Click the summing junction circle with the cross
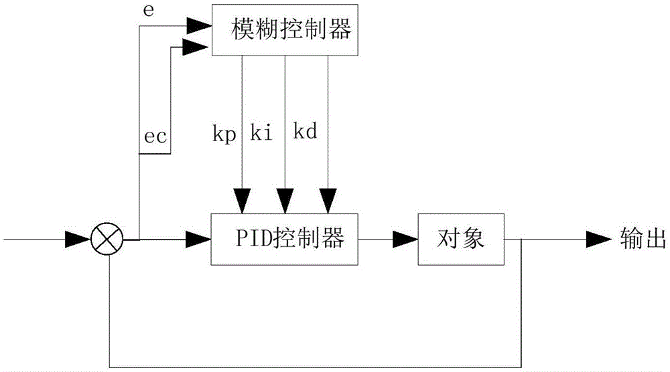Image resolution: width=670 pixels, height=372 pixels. click(108, 239)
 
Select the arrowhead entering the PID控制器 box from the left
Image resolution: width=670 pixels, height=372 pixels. click(197, 239)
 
